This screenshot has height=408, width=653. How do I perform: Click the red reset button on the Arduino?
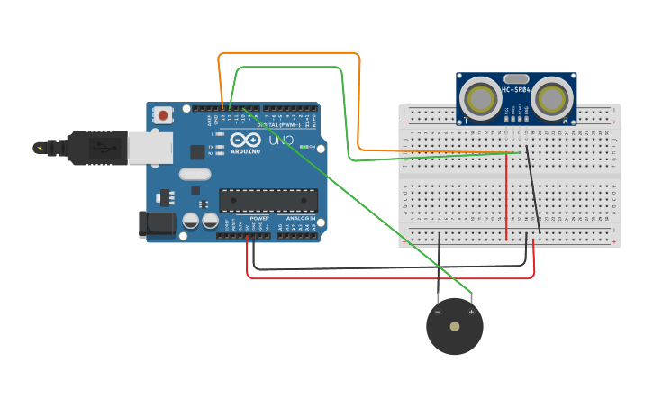click(x=163, y=114)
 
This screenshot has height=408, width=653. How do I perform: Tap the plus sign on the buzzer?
click(x=471, y=312)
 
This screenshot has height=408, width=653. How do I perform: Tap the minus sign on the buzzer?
click(x=439, y=312)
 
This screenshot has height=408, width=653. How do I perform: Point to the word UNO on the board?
click(x=283, y=141)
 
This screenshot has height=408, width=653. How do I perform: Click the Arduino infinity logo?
click(x=245, y=141)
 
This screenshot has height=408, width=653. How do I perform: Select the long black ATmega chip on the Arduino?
click(x=268, y=200)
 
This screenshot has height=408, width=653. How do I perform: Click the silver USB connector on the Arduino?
click(x=149, y=149)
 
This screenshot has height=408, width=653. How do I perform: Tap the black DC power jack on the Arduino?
click(x=156, y=224)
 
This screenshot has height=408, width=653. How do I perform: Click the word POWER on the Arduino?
click(x=258, y=219)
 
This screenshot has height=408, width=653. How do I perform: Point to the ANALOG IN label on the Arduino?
click(x=301, y=219)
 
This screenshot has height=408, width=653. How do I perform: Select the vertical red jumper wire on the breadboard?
click(x=506, y=198)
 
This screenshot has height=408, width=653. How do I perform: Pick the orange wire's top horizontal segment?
click(x=288, y=53)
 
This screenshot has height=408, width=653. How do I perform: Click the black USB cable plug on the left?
click(x=86, y=147)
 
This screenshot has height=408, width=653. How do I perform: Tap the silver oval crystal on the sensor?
click(x=515, y=79)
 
